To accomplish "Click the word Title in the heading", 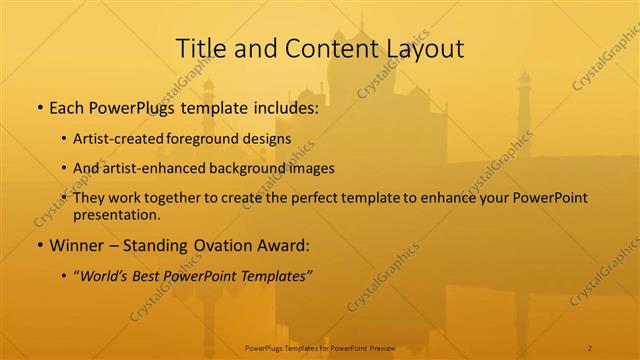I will pyautogui.click(x=199, y=48).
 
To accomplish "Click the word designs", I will pyautogui.click(x=270, y=139).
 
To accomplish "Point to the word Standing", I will pyautogui.click(x=162, y=245).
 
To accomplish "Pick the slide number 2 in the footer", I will pyautogui.click(x=590, y=347).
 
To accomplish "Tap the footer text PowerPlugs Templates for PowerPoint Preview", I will pyautogui.click(x=320, y=347).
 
